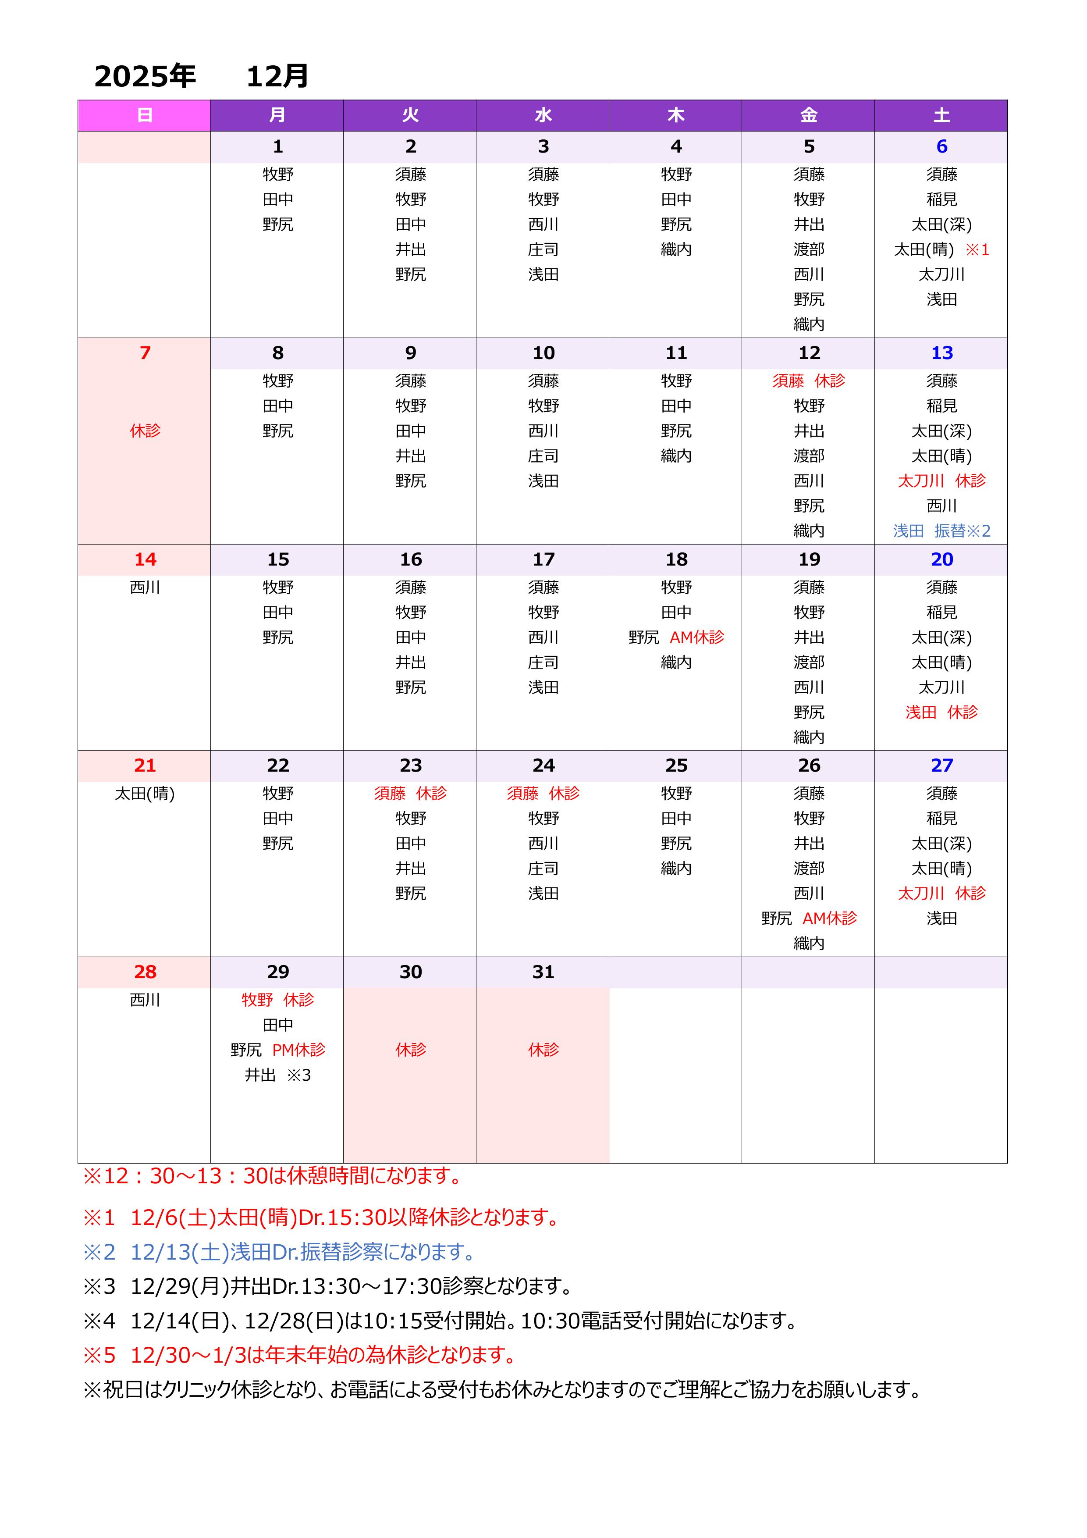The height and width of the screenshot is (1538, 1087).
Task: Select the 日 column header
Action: pyautogui.click(x=144, y=115)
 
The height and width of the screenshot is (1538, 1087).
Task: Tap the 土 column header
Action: pyautogui.click(x=941, y=115)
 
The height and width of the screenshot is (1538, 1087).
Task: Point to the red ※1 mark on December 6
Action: pyautogui.click(x=977, y=250)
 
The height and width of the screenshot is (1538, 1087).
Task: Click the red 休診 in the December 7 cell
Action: pyautogui.click(x=145, y=430)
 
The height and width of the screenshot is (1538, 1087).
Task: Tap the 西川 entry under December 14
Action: pyautogui.click(x=145, y=587)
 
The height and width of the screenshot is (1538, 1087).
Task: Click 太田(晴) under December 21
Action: pyautogui.click(x=145, y=794)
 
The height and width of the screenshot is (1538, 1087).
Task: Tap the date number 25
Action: pyautogui.click(x=676, y=765)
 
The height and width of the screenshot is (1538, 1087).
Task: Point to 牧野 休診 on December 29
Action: pyautogui.click(x=277, y=1000)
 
